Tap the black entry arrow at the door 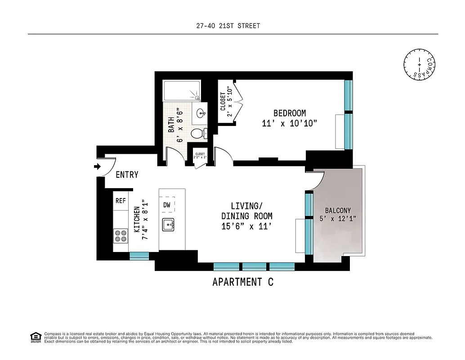coord(97,166)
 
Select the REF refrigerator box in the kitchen coord(121,201)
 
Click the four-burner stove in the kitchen coord(121,236)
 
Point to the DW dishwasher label coord(167,205)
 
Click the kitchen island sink coord(168,224)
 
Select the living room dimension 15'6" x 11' coord(246,226)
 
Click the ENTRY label coord(127,175)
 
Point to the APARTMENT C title coord(242,282)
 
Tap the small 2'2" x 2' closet coord(200,156)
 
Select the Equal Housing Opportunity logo coord(35,337)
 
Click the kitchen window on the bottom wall coord(139,255)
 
